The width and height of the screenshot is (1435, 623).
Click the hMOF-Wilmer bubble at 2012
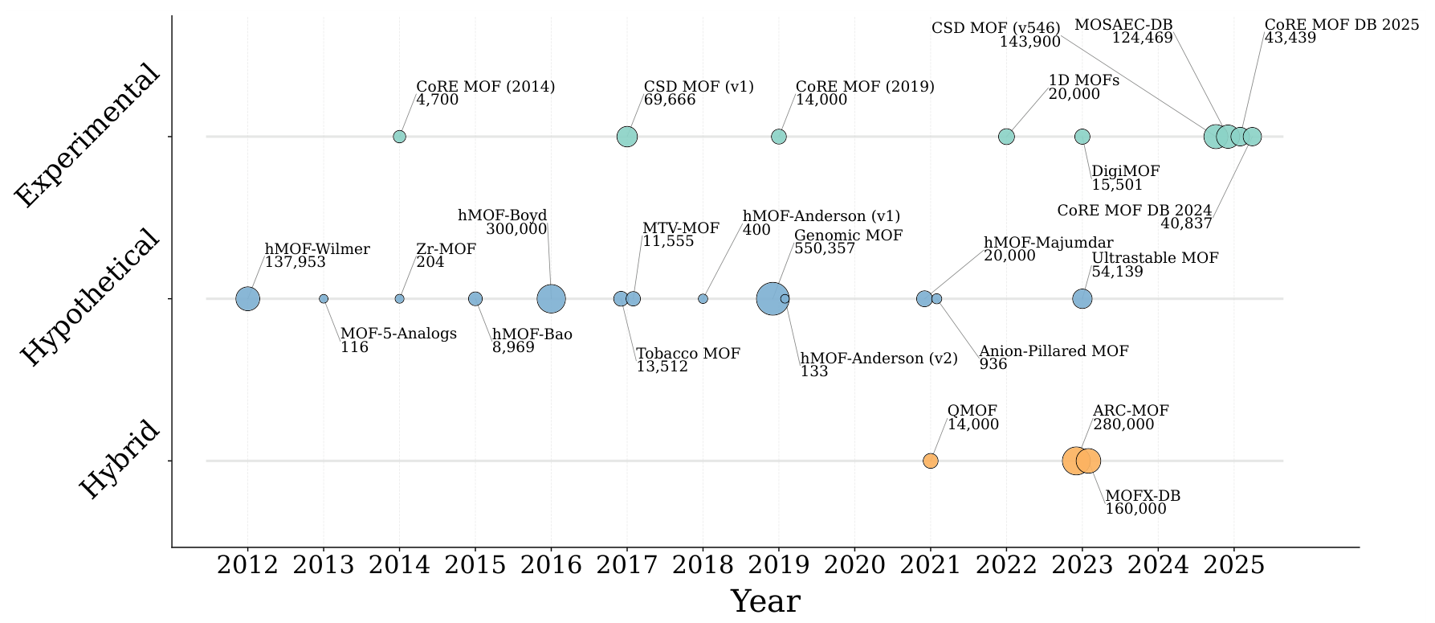(248, 299)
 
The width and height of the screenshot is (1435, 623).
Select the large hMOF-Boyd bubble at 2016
(551, 299)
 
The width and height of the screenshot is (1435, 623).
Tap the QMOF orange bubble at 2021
(930, 461)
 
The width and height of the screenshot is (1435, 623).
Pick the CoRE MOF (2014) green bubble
(399, 137)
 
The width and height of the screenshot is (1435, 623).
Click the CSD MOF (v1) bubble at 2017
(627, 137)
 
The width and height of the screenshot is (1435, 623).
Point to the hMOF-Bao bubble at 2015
(475, 299)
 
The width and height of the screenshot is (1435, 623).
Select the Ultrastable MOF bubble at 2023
(1082, 299)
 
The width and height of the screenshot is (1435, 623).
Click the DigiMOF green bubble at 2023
(1082, 137)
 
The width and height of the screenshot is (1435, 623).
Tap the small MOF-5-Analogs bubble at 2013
(324, 299)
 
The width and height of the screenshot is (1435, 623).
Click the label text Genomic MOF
(849, 236)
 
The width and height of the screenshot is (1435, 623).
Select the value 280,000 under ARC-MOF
(1123, 424)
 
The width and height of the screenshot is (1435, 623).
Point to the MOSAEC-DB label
(1123, 25)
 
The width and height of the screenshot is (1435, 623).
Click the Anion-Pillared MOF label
(1054, 350)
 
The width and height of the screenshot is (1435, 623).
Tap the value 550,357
(825, 249)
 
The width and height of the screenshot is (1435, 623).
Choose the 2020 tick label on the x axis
(854, 565)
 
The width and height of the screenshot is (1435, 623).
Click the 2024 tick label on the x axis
(1158, 565)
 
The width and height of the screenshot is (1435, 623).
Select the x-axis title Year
(765, 601)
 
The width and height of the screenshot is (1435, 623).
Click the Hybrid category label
(120, 461)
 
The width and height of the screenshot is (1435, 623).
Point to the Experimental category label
(88, 137)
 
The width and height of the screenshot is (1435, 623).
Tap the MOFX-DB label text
(1143, 496)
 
